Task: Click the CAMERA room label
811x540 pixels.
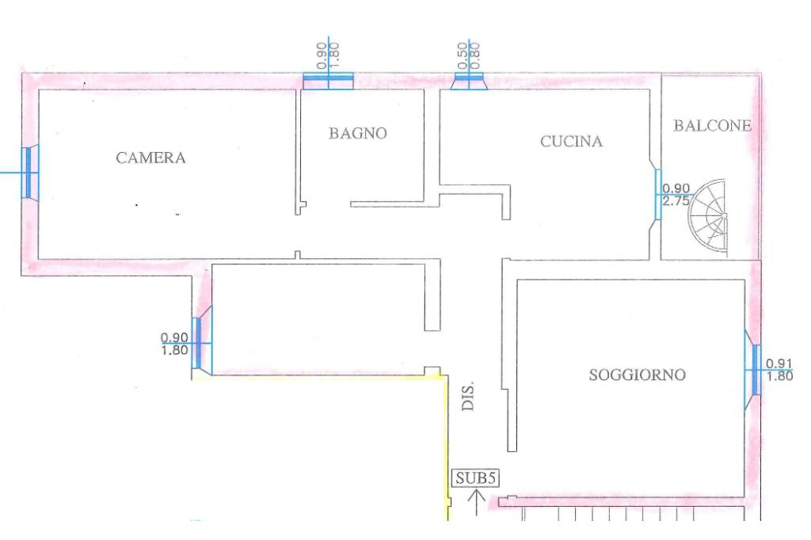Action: [150, 158]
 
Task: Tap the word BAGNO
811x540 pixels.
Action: [358, 134]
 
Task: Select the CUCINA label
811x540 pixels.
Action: [572, 141]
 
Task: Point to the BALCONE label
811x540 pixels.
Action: [712, 126]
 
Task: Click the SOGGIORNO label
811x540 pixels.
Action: [638, 375]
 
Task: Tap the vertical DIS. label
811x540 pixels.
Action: [467, 397]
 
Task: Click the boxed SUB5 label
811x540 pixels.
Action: [476, 478]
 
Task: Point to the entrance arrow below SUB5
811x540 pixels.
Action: [476, 503]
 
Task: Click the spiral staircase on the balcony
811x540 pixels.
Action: [710, 217]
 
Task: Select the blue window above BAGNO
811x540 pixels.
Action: [328, 82]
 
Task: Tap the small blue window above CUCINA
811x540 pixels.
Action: [469, 82]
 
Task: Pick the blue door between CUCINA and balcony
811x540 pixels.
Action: [658, 195]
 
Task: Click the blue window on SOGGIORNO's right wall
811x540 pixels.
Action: [753, 370]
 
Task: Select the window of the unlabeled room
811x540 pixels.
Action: [202, 342]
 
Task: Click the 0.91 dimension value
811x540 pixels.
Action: [779, 364]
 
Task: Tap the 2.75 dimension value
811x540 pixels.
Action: [676, 200]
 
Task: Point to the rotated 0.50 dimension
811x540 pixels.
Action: [463, 56]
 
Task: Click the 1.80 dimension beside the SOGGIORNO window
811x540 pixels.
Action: [779, 376]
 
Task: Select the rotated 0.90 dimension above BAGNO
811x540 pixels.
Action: [322, 56]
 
